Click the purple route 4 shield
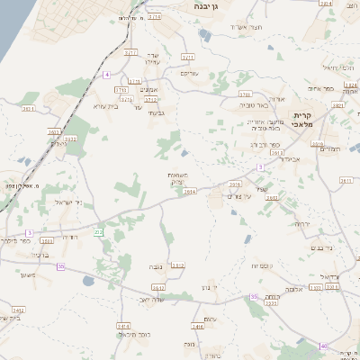(x=106, y=75)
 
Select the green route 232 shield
(x=98, y=232)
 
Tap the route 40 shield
(x=323, y=346)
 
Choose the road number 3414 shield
(x=198, y=327)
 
